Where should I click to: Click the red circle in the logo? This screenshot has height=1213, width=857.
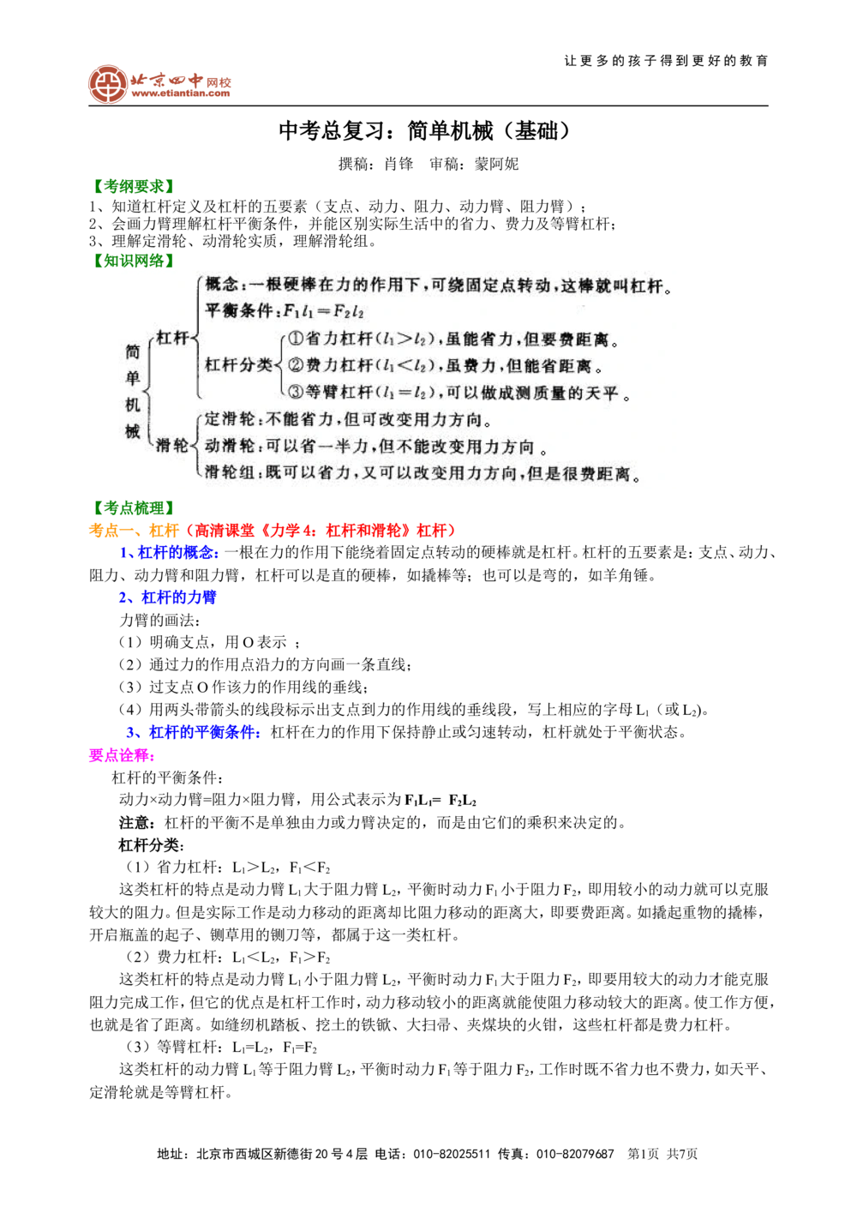(x=106, y=84)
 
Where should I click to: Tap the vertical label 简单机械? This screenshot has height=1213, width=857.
(x=133, y=391)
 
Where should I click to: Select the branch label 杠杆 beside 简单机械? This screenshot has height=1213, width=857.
(x=171, y=338)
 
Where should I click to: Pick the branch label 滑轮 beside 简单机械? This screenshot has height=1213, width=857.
(x=171, y=445)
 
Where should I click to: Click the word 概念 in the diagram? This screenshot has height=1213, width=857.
(x=222, y=285)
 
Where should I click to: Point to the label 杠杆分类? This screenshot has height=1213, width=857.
(x=238, y=365)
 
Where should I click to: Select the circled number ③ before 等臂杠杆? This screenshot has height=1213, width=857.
(x=294, y=393)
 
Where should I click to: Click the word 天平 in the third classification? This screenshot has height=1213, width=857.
(x=603, y=393)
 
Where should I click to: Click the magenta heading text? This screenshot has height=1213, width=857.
(x=119, y=756)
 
